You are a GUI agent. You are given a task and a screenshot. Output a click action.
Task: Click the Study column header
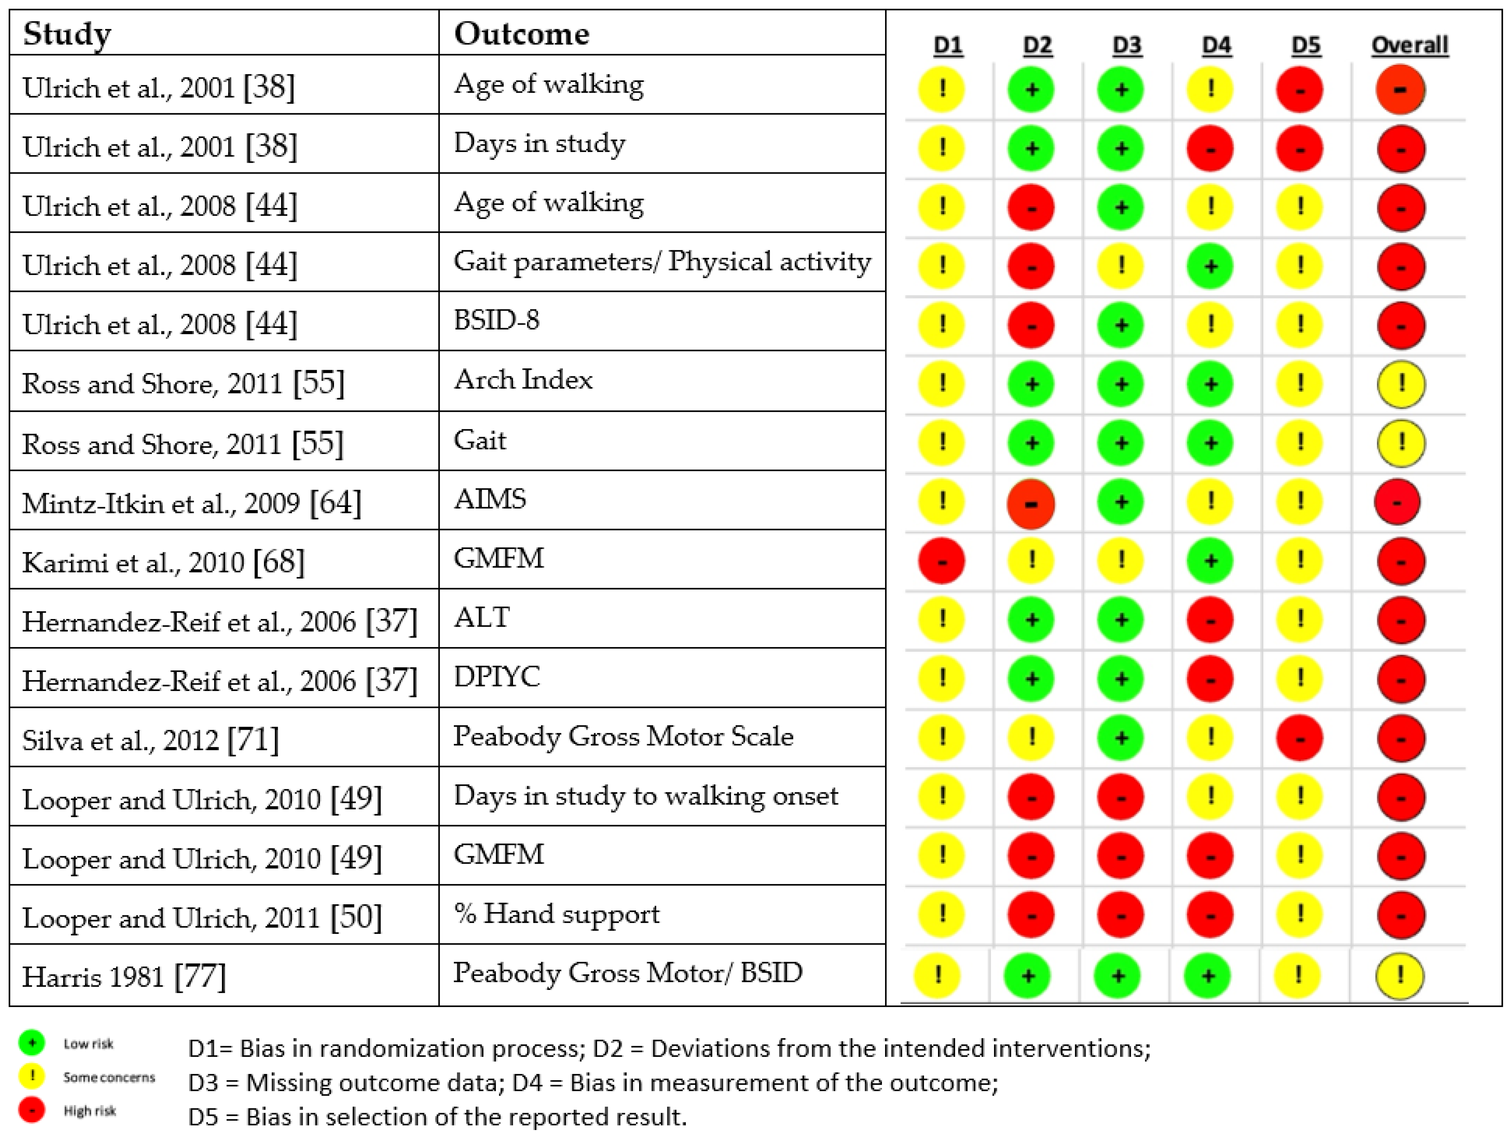click(x=67, y=33)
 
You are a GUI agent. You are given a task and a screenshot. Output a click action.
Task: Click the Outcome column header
click(x=521, y=33)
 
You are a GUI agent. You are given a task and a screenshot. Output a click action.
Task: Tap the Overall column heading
click(x=1410, y=45)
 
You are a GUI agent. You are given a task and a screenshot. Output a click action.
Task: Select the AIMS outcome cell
click(x=490, y=499)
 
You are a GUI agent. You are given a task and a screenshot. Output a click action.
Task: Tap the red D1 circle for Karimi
click(x=941, y=561)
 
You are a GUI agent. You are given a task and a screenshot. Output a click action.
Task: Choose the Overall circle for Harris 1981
click(x=1399, y=976)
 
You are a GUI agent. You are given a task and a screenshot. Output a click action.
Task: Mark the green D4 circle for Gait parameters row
click(x=1210, y=266)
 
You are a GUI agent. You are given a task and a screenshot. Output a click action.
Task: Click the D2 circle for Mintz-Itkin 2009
click(x=1031, y=503)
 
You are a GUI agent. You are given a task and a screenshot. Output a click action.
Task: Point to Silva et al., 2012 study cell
click(x=150, y=740)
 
